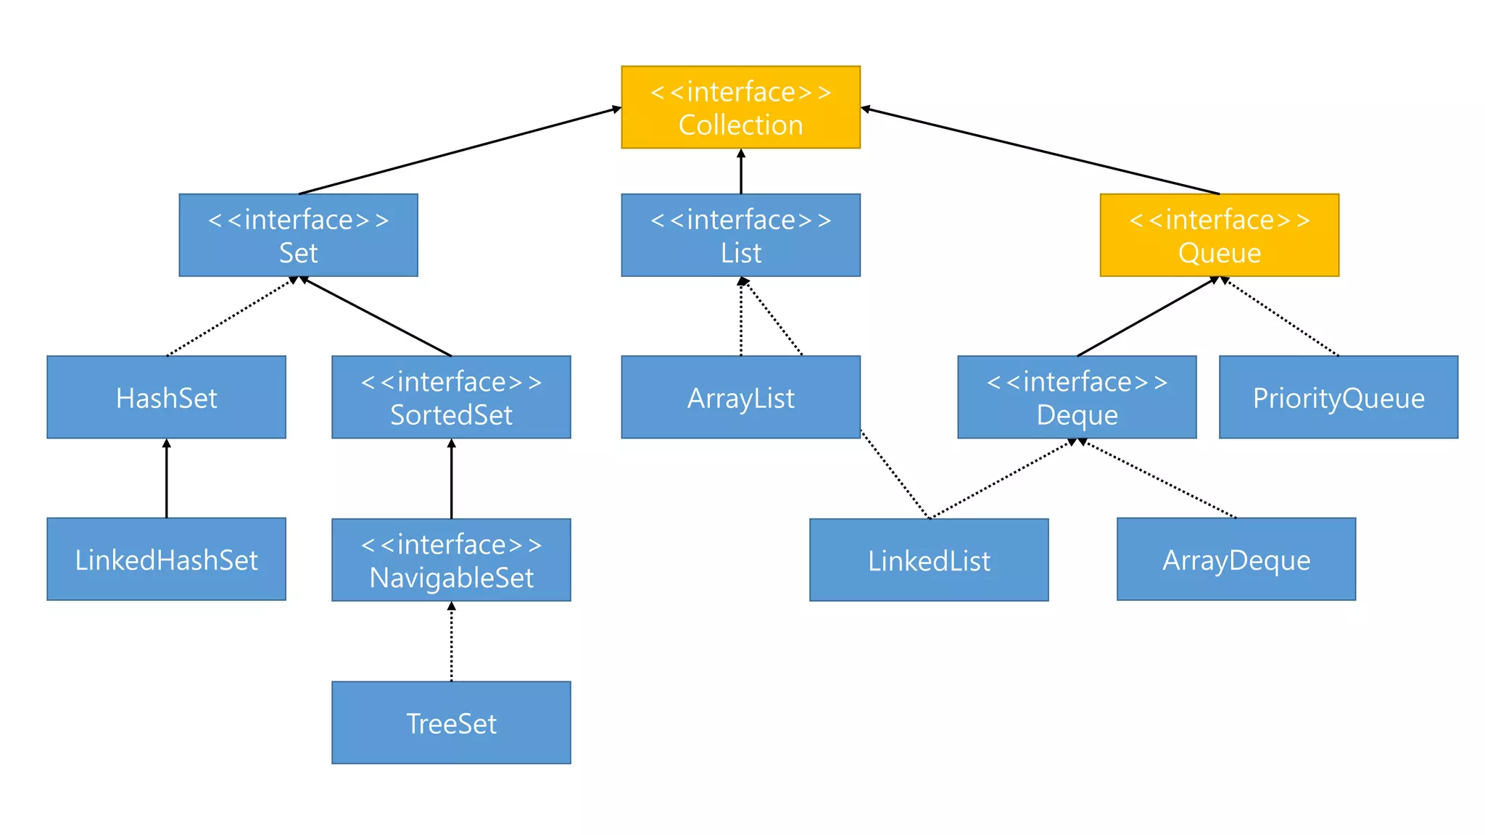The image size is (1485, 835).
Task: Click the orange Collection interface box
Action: [740, 107]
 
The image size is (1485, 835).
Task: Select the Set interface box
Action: [298, 235]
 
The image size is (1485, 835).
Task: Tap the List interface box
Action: [740, 235]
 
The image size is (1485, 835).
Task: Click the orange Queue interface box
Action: [1219, 235]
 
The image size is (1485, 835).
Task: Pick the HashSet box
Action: [166, 397]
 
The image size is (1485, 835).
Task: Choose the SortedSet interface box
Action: [451, 397]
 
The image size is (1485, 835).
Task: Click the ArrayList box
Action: [740, 397]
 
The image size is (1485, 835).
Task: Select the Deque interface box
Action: [1077, 397]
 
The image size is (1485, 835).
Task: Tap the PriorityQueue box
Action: [1339, 397]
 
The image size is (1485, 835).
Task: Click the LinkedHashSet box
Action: [166, 559]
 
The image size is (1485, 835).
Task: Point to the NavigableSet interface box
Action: [451, 560]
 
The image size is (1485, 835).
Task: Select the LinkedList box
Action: [929, 560]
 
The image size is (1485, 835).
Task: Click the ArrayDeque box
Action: [1236, 559]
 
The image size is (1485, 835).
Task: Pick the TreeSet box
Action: [451, 723]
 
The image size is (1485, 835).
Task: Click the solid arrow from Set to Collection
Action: [460, 151]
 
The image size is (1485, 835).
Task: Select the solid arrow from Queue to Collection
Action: [1040, 151]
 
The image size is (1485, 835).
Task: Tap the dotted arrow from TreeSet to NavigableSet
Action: [451, 641]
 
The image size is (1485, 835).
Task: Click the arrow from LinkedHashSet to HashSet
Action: [166, 478]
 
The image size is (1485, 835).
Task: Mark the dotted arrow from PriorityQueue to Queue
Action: [1281, 317]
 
